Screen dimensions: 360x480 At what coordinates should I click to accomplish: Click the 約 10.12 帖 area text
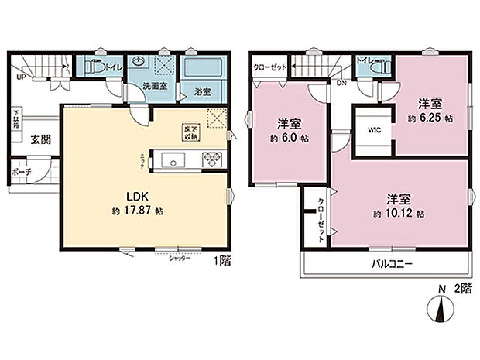tap(399, 213)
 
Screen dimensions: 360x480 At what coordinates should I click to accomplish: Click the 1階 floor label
tap(223, 261)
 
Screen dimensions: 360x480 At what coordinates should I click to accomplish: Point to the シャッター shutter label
tap(180, 258)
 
